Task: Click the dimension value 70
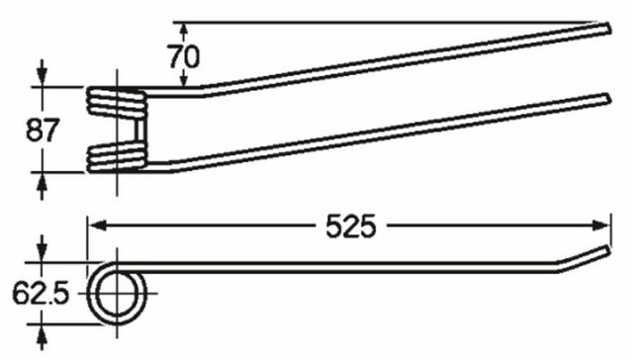click(184, 55)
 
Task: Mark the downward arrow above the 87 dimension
click(41, 75)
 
